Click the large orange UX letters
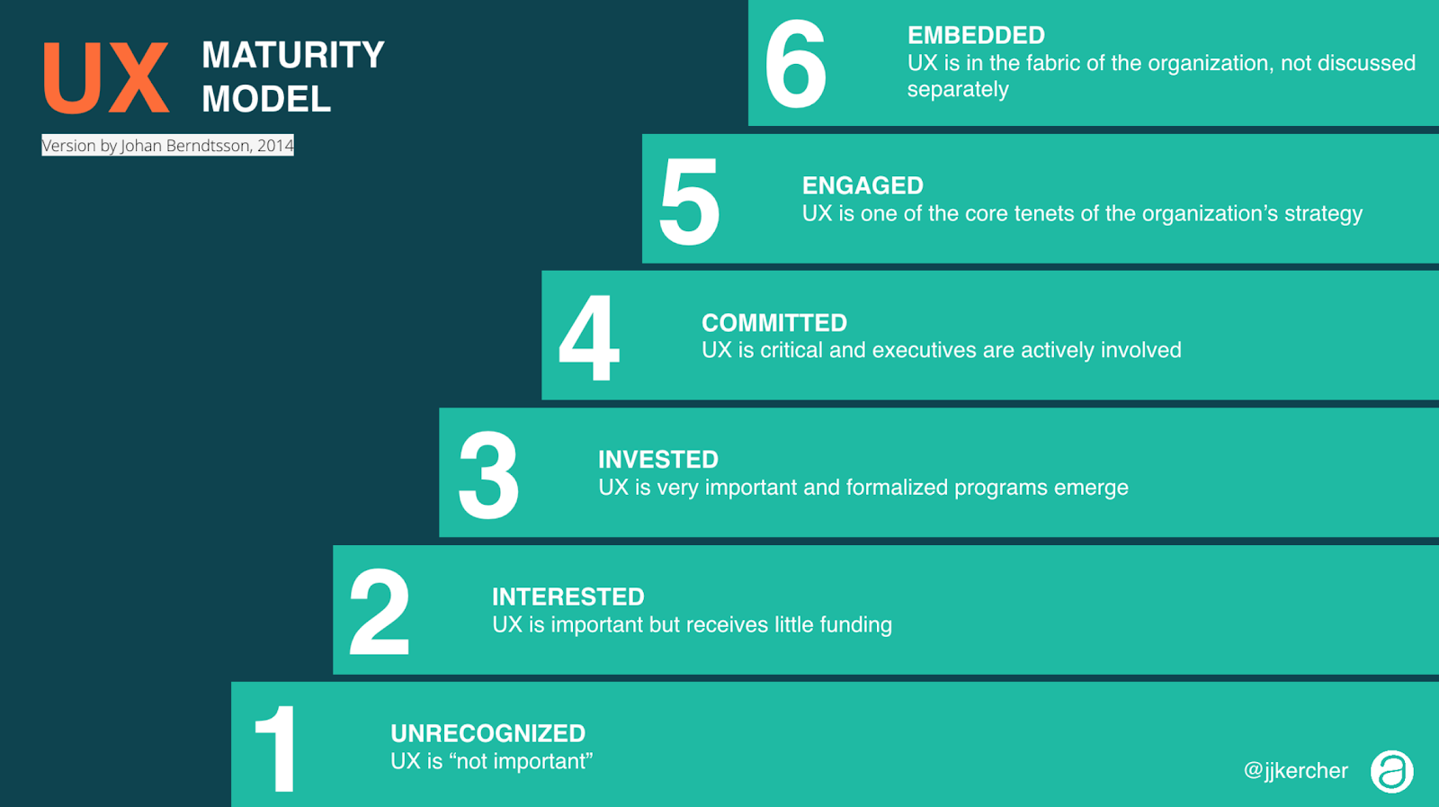point(107,77)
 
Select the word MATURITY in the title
point(293,55)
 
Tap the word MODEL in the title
point(266,99)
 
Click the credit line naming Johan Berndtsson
point(167,145)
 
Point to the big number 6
point(795,64)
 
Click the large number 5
point(689,202)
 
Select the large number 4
point(589,338)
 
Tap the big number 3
point(488,475)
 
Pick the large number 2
point(379,612)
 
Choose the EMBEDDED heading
point(976,35)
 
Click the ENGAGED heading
point(863,185)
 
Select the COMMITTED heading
point(774,323)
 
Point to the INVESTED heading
point(658,460)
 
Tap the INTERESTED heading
point(568,596)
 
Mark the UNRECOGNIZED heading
point(488,733)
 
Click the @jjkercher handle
point(1296,770)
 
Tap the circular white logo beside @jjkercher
point(1392,771)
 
